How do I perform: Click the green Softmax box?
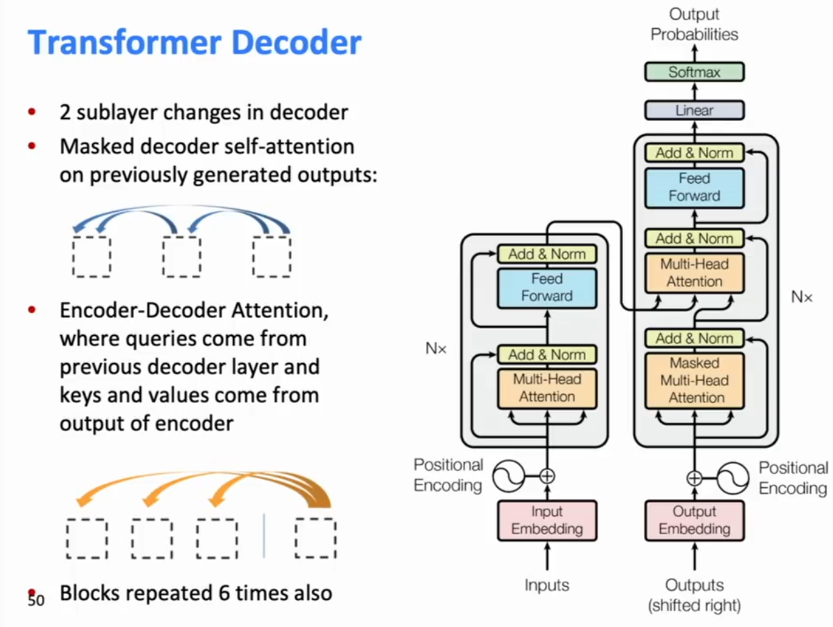click(694, 72)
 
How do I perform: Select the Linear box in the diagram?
click(694, 110)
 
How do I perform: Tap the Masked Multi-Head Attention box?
click(694, 381)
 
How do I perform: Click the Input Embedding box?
click(547, 521)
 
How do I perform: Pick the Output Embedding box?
click(694, 521)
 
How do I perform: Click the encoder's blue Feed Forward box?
click(547, 288)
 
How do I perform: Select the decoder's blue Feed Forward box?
click(694, 188)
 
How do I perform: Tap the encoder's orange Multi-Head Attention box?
click(547, 388)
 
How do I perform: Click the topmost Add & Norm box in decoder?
click(694, 153)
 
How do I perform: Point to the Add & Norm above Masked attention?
click(694, 338)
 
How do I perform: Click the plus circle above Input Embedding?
click(547, 476)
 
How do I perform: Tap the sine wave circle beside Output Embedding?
click(733, 478)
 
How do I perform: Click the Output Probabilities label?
click(694, 24)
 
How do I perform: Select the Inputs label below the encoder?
click(547, 585)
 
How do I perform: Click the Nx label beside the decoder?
click(801, 297)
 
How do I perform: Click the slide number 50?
click(36, 600)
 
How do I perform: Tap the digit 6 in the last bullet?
click(224, 593)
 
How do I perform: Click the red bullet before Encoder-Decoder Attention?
click(32, 310)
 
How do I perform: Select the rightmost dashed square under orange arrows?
click(316, 538)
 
